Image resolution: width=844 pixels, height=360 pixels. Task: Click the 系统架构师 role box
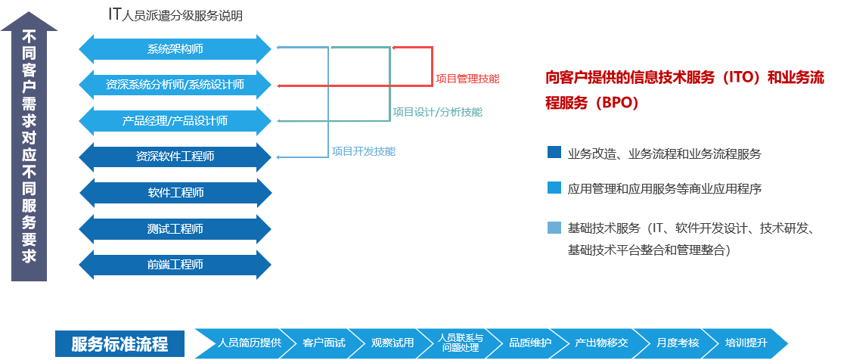pos(175,49)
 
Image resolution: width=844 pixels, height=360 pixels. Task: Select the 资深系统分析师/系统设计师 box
pos(175,85)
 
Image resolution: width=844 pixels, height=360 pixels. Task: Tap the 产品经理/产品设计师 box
pos(175,120)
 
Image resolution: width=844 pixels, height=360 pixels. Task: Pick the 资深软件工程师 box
pos(175,157)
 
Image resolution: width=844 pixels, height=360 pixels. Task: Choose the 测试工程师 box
pos(175,228)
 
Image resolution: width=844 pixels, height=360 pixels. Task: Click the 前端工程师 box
pos(175,265)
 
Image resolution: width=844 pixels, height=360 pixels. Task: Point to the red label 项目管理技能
pos(467,79)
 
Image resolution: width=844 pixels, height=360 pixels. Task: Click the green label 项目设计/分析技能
pos(437,112)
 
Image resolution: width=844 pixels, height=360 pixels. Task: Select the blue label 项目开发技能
pos(363,151)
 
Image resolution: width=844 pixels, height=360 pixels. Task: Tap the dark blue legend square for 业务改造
pos(554,152)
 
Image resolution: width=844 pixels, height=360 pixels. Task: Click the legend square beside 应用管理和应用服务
pos(554,188)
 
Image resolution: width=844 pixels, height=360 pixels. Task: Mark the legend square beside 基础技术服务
pos(554,227)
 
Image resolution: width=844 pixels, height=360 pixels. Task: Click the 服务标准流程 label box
pos(119,344)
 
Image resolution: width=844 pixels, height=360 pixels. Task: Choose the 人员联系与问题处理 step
pos(458,343)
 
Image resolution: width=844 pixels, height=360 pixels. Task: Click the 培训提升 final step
pos(746,343)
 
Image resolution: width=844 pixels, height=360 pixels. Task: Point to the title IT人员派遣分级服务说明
pos(175,15)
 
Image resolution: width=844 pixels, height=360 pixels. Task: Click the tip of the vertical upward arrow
pos(29,12)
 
